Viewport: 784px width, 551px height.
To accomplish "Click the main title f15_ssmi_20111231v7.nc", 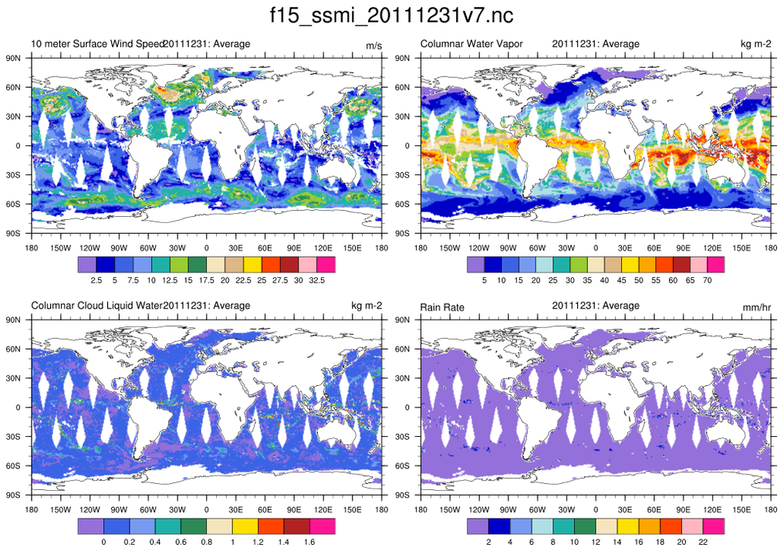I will [391, 15].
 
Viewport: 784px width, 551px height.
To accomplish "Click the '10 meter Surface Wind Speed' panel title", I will [97, 44].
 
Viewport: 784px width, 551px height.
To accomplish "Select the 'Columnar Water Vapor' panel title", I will [471, 44].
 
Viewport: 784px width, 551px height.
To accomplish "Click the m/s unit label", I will [373, 46].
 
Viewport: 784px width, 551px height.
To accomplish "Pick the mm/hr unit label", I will [755, 308].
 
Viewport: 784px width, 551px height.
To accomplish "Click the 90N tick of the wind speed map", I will [12, 59].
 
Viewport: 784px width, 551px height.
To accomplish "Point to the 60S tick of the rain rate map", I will [402, 466].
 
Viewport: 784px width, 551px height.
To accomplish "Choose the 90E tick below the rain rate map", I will [683, 510].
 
